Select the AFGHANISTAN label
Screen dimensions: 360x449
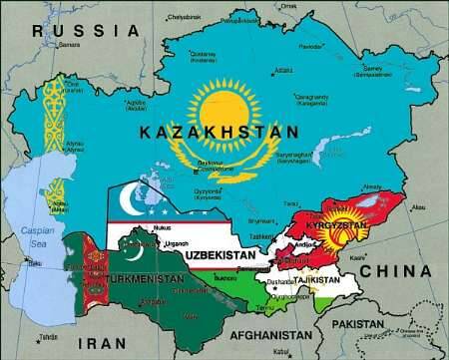275,335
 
